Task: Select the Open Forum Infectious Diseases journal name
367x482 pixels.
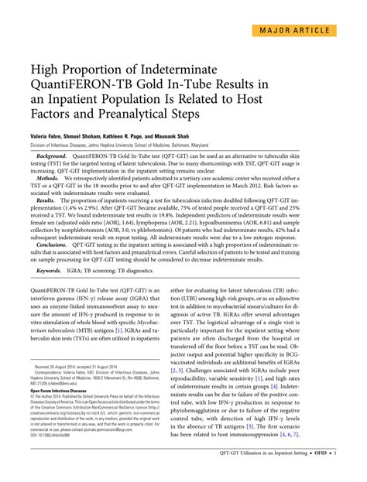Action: (63, 386)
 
